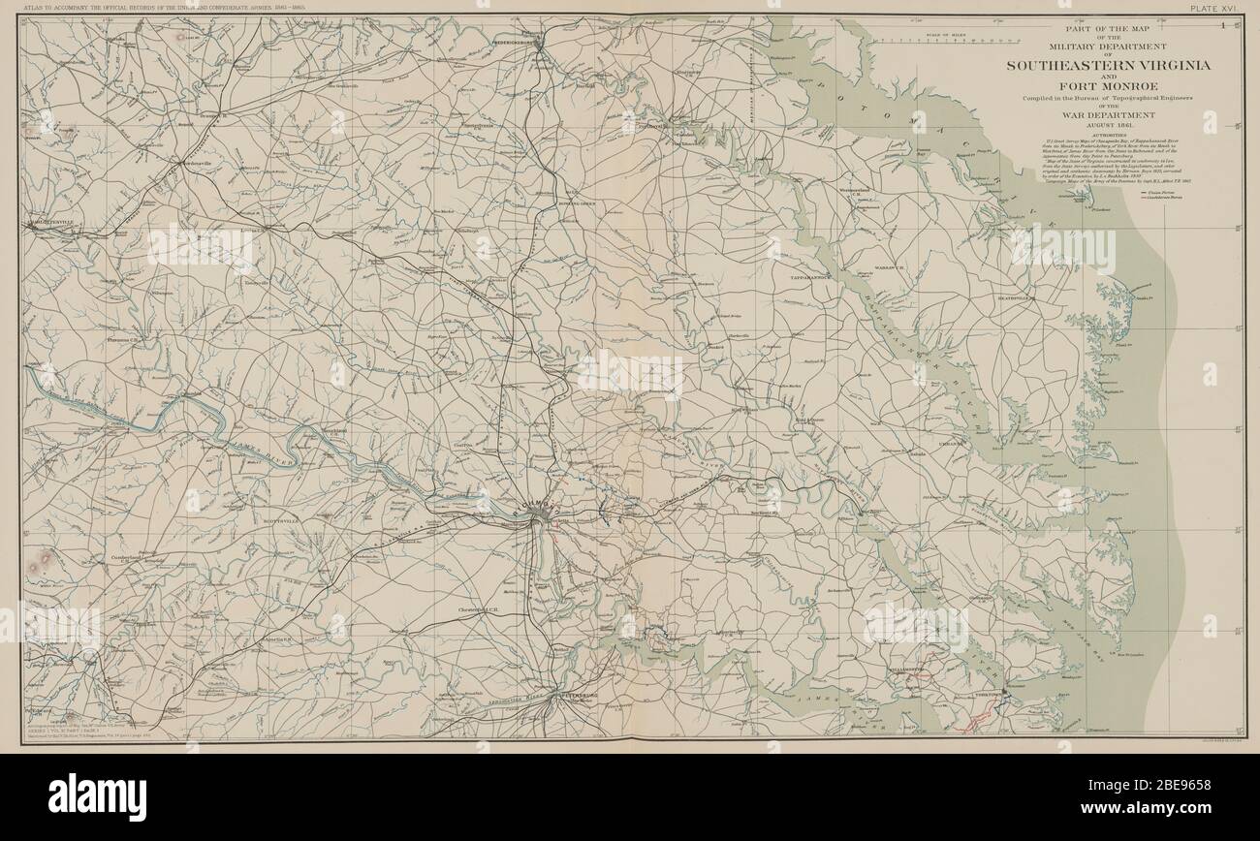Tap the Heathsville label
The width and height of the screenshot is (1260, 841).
1016,298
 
